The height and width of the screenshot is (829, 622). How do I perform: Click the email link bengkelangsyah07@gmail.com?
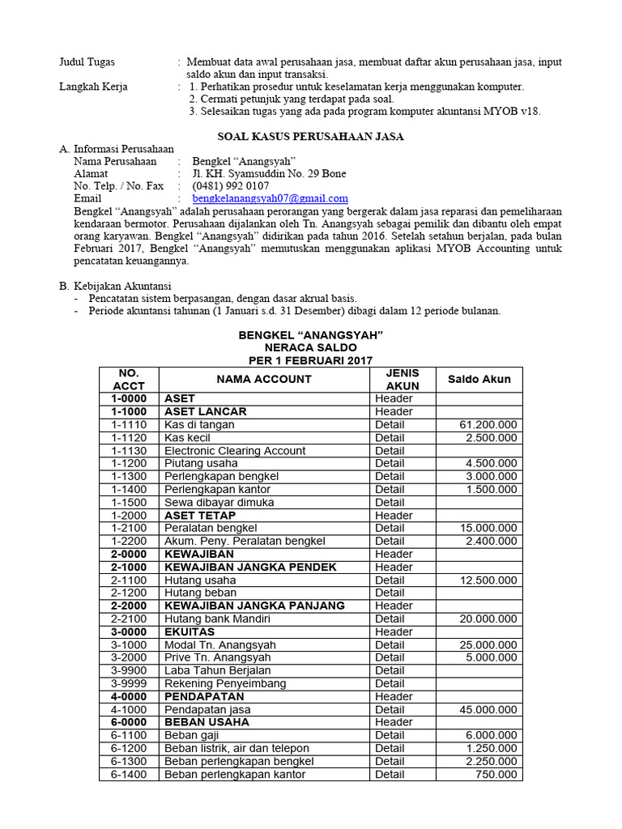point(270,198)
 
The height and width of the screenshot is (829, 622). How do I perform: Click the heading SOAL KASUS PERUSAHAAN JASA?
point(311,136)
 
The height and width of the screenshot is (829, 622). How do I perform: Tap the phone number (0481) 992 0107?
point(231,185)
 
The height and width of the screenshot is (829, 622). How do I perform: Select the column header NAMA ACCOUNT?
point(263,379)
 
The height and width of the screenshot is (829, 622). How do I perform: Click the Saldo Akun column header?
point(479,379)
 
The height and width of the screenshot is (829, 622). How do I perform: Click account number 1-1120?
point(129,437)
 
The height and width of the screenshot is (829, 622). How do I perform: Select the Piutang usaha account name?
point(201,463)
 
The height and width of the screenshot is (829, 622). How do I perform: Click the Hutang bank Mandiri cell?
point(217,619)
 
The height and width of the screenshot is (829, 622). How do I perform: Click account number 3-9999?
point(129,683)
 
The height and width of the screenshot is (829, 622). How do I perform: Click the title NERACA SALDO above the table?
point(310,347)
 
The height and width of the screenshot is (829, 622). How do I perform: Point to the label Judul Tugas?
point(87,62)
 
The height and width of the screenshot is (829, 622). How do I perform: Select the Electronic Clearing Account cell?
point(235,450)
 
